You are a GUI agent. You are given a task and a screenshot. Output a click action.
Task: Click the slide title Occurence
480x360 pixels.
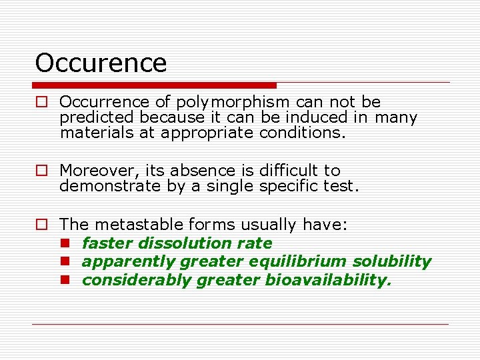click(101, 63)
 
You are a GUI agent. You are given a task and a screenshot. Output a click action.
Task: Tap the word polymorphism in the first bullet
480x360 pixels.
click(233, 102)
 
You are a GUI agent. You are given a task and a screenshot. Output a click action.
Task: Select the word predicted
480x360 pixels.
click(98, 117)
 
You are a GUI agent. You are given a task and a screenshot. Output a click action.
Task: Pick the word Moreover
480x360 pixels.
click(96, 171)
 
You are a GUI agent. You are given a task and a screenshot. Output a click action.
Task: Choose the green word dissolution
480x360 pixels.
click(175, 243)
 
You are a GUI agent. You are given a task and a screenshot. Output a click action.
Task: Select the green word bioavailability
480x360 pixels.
click(328, 280)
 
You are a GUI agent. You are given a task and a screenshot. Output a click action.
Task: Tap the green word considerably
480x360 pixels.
click(137, 280)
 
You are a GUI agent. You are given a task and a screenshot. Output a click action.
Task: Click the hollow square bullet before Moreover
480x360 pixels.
click(41, 171)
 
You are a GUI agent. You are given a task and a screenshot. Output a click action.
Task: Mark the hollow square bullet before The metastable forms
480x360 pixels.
click(41, 225)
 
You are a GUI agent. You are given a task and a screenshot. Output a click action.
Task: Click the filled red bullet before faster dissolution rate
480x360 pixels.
click(65, 243)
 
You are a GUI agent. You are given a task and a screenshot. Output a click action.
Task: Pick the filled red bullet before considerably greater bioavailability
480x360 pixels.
click(65, 280)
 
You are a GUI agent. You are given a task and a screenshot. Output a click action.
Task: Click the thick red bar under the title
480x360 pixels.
click(154, 85)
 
